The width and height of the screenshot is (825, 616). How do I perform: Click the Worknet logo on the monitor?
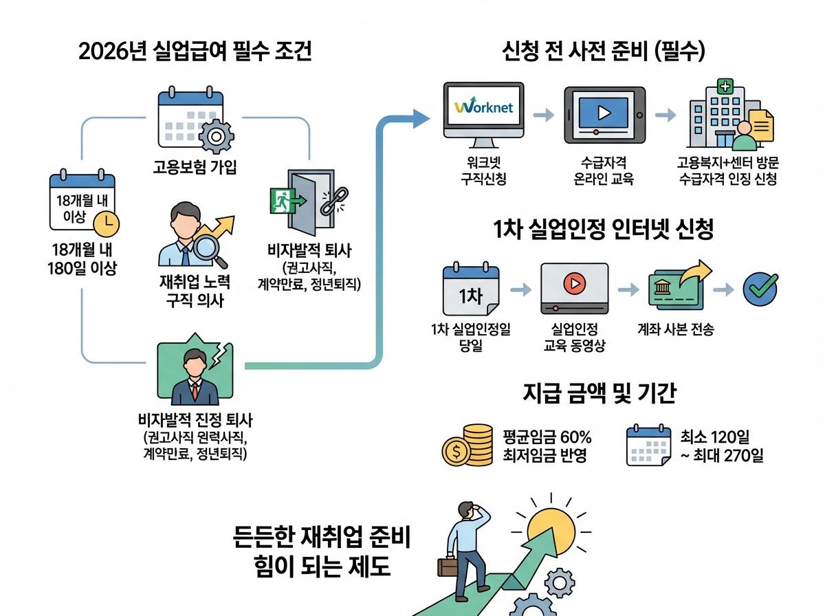[x=483, y=109]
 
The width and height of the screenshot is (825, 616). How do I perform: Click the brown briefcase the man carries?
[x=448, y=566]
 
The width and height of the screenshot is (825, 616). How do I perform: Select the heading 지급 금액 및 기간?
[x=599, y=393]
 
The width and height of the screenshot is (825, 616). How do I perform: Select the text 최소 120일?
[x=715, y=437]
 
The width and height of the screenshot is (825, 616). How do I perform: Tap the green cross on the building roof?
[x=725, y=86]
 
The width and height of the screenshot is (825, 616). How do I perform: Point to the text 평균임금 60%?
[x=547, y=437]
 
